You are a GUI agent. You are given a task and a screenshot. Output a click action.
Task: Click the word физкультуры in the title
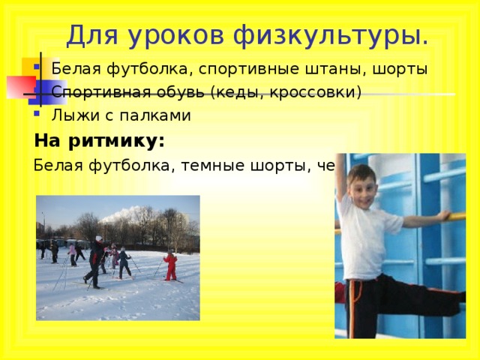[x=331, y=34]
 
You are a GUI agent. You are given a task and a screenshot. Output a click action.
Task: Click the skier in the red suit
[x=171, y=266]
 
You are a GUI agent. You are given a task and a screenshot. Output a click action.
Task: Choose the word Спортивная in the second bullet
[x=94, y=93]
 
